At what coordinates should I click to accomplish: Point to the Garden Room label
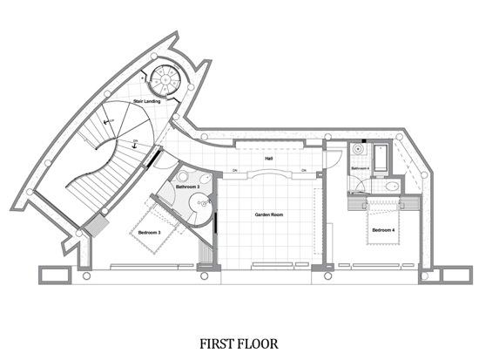tap(268, 214)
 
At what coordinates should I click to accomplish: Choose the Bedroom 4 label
tap(383, 230)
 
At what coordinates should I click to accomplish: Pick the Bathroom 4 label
tap(361, 167)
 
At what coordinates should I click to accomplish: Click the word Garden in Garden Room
tap(261, 214)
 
